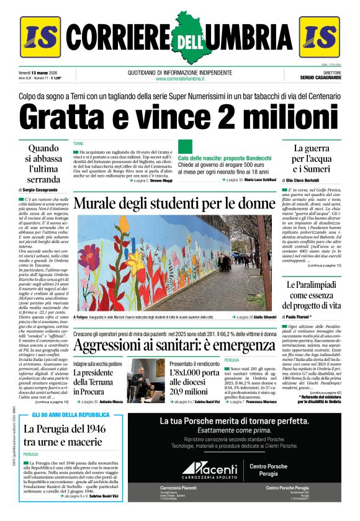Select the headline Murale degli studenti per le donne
click(x=174, y=203)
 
